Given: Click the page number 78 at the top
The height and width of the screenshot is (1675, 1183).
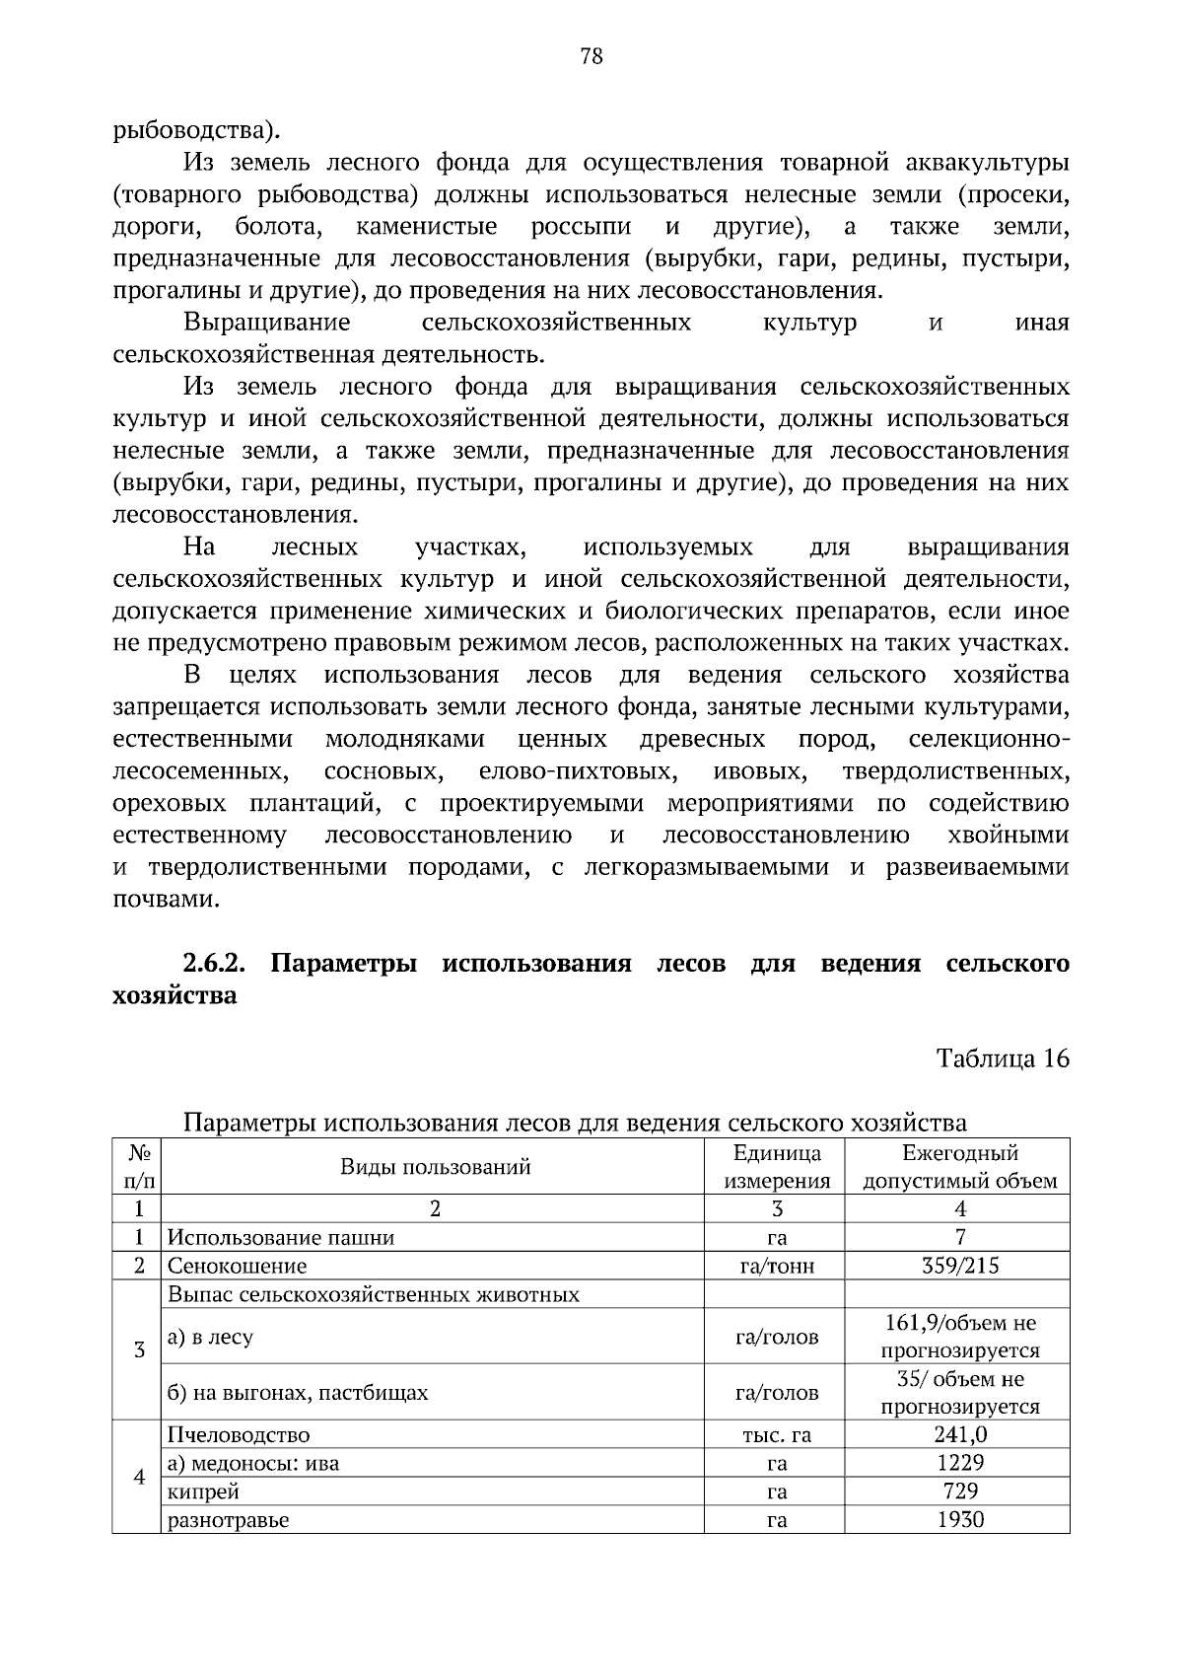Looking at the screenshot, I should tap(591, 56).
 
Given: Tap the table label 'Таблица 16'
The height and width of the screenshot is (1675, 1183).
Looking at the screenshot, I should tap(1002, 1058).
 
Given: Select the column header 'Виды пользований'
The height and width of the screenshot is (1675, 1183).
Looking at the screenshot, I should tap(435, 1167).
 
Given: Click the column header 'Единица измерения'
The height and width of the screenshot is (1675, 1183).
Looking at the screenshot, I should tap(777, 1167).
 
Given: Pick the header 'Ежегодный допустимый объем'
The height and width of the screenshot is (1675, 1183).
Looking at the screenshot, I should tap(959, 1167).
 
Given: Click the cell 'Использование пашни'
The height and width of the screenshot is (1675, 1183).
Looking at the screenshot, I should tap(281, 1237).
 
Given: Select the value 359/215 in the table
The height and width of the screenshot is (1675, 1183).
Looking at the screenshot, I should tap(959, 1266).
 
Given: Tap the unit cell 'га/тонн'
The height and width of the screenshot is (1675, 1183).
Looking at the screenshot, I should tap(777, 1266).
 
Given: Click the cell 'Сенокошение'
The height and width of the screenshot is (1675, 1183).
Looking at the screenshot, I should tap(237, 1266).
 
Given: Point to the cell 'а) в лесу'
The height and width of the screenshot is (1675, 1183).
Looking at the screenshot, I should tap(210, 1338).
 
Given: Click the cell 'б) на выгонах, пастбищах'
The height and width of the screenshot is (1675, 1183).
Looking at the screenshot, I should tap(298, 1393).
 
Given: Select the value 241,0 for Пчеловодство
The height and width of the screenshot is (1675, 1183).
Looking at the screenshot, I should tap(959, 1434).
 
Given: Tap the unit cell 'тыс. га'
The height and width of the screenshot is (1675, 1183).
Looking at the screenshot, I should tap(777, 1435).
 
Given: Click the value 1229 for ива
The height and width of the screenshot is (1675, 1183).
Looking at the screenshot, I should tap(959, 1463).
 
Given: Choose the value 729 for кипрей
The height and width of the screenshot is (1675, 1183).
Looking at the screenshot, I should tap(959, 1492).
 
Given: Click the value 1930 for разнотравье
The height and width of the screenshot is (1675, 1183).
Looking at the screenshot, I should tap(959, 1520).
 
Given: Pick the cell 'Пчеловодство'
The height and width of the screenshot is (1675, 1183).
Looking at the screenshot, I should tap(239, 1435).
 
